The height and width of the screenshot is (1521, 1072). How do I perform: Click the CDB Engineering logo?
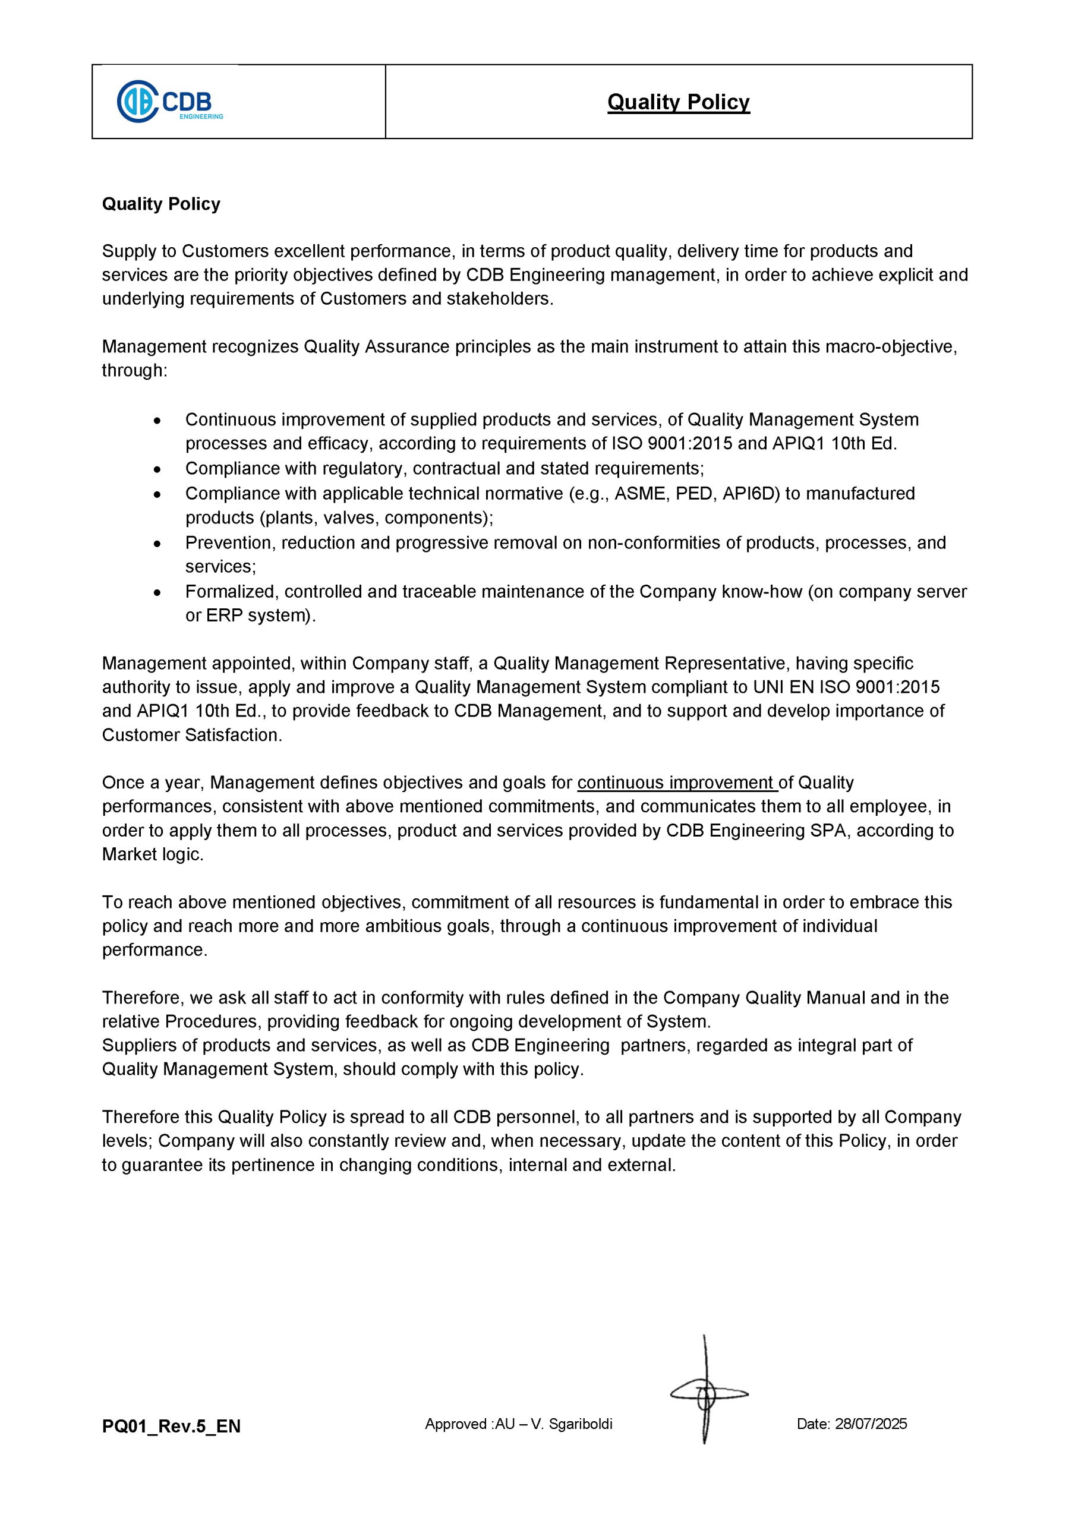[169, 102]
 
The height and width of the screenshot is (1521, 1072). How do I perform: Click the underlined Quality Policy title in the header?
[678, 102]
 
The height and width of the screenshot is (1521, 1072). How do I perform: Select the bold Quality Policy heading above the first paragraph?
[161, 203]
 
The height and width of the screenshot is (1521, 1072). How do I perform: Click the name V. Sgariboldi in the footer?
[572, 1424]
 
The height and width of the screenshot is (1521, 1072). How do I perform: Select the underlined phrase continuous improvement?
[676, 782]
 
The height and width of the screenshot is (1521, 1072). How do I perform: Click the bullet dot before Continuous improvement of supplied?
[157, 420]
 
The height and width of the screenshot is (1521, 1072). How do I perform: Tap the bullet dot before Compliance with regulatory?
[157, 469]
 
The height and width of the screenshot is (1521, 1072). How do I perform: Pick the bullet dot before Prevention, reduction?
[157, 543]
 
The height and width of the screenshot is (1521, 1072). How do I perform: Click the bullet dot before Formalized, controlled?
[157, 592]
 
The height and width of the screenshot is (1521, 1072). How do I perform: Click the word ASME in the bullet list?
[641, 494]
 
